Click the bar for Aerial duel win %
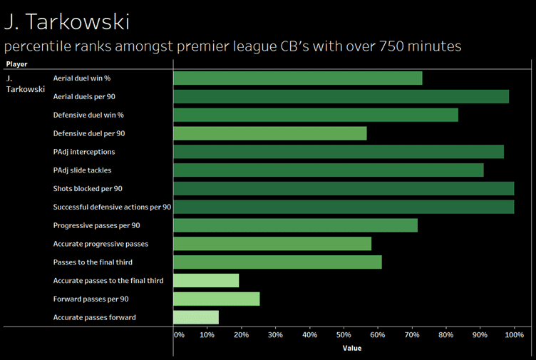(x=297, y=78)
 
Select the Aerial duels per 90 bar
(x=341, y=96)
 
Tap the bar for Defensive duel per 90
(x=269, y=133)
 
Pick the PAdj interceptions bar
(x=338, y=152)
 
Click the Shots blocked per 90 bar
(x=343, y=188)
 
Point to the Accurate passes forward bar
(x=195, y=317)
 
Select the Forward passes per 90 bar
(x=216, y=299)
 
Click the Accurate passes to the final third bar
(x=205, y=281)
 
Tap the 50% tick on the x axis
(x=344, y=334)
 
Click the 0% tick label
(x=179, y=334)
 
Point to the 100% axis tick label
(x=514, y=334)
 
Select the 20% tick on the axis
(x=241, y=334)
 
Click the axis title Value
(x=351, y=349)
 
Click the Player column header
(x=16, y=64)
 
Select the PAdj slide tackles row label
(x=82, y=170)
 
